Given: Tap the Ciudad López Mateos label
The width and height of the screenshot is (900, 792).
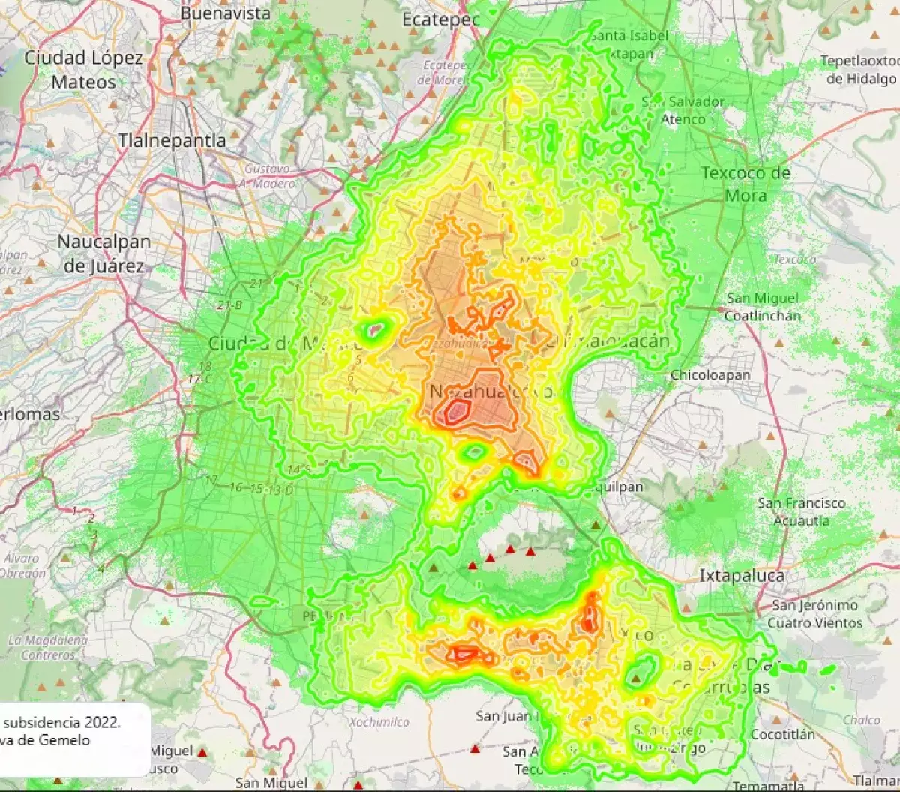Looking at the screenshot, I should (x=83, y=70).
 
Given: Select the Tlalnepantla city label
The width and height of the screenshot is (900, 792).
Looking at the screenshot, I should (x=172, y=140).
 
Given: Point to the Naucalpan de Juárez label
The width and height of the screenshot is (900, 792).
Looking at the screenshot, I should (x=104, y=253).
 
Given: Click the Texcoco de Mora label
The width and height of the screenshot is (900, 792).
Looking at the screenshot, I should (x=745, y=184).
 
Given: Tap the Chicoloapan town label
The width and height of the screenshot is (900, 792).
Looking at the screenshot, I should (x=709, y=375).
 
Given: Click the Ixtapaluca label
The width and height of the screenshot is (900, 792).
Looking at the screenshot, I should (x=742, y=576).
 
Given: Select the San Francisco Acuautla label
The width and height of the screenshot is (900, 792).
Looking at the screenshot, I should (x=801, y=511).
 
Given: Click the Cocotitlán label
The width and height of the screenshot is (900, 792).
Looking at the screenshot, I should (x=782, y=734).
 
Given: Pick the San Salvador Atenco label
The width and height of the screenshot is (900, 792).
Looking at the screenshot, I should (x=683, y=110).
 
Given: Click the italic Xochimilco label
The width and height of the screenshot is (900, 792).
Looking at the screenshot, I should (x=379, y=722).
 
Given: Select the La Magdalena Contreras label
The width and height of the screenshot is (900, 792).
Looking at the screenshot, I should (x=48, y=648).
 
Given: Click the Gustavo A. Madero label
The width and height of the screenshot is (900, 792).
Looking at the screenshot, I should (x=266, y=176).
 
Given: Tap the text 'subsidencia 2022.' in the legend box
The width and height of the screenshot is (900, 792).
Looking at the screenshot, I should (x=62, y=722).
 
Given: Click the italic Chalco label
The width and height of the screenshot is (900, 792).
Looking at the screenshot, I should (x=861, y=720).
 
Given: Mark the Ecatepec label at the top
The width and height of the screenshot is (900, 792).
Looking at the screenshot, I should (x=440, y=20).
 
